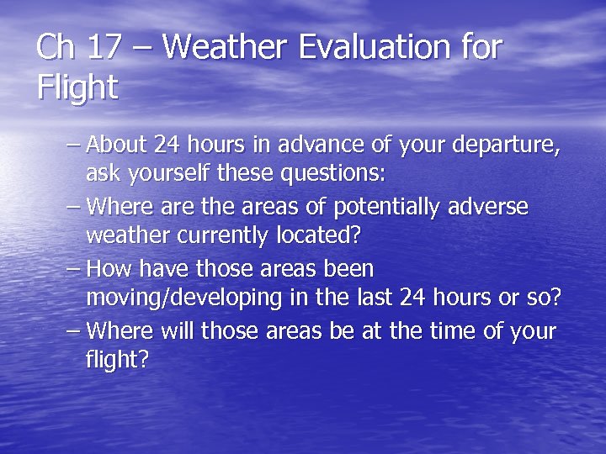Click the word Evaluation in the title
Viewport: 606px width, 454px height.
click(x=367, y=47)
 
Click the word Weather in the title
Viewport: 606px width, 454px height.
click(x=217, y=47)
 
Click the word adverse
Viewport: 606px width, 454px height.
click(x=492, y=207)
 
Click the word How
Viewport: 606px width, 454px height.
click(x=105, y=268)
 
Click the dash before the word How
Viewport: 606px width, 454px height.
click(x=74, y=269)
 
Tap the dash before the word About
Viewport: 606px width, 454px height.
click(x=74, y=145)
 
